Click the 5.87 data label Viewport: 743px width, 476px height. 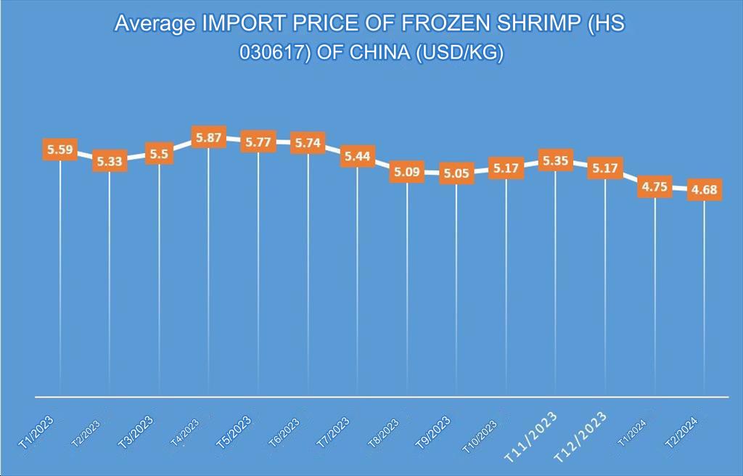(209, 137)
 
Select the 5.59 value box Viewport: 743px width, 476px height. (60, 150)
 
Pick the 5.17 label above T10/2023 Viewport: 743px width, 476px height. (506, 168)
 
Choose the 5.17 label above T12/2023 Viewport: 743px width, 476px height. (605, 168)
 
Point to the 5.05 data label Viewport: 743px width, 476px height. (456, 173)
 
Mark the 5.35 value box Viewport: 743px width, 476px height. (555, 160)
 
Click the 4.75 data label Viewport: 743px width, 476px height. (654, 186)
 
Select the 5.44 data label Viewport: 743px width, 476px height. (357, 156)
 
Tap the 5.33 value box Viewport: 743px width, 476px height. (110, 161)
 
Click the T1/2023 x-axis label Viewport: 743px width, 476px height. (37, 432)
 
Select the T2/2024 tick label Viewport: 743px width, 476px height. (681, 433)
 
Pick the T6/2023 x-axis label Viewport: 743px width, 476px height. (285, 433)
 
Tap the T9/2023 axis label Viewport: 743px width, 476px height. (433, 432)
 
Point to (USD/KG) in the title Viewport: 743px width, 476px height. (460, 54)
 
